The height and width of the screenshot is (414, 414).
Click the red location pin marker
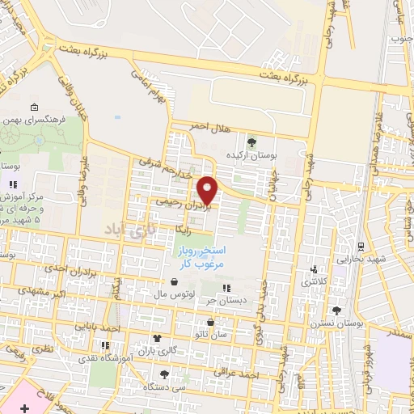[209, 190]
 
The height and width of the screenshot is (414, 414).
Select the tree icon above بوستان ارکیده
[251, 142]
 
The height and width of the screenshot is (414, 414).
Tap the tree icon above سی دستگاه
[164, 374]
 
